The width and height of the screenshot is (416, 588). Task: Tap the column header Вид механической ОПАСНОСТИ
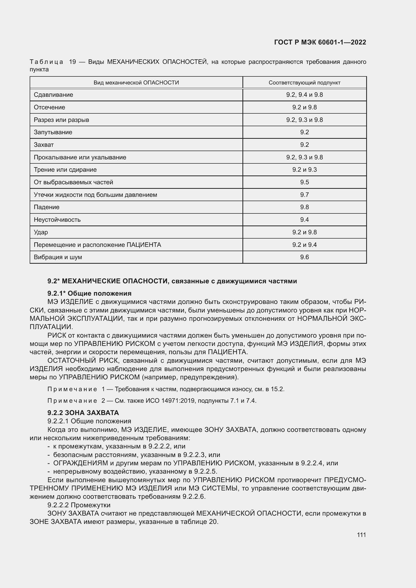coord(136,83)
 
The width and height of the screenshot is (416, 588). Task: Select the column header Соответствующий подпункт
coord(304,83)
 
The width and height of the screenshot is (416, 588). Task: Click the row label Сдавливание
coord(53,95)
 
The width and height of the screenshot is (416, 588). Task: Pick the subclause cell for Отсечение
coord(304,107)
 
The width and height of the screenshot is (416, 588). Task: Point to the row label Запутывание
coord(53,132)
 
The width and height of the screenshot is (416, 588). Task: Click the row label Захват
coord(44,145)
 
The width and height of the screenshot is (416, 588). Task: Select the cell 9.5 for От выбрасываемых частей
coord(304,182)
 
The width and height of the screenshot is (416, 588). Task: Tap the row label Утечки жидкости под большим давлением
coord(95,195)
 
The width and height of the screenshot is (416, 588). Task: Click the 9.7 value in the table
coord(304,195)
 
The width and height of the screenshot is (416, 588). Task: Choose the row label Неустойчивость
coord(57,220)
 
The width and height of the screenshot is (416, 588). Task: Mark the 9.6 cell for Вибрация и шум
coord(304,257)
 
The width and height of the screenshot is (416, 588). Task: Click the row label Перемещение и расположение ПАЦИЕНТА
coord(97,245)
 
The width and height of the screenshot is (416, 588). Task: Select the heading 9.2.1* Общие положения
coord(89,293)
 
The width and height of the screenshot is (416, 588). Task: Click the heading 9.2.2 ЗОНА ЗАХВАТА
coord(83,413)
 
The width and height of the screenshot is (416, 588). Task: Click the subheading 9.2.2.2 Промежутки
coord(79,505)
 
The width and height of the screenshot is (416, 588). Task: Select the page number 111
coord(361,535)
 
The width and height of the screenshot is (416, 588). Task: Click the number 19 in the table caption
coord(72,62)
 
